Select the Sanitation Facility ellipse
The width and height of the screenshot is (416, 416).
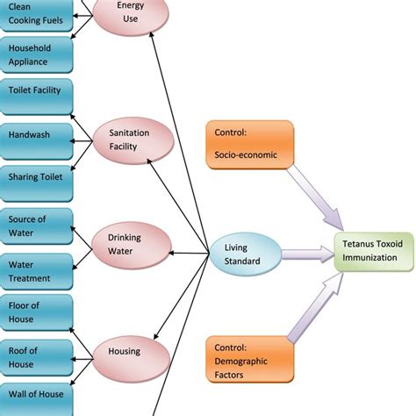pyautogui.click(x=129, y=138)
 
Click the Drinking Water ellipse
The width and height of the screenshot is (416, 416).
pyautogui.click(x=128, y=244)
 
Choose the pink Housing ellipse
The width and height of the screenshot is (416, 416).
pyautogui.click(x=129, y=352)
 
